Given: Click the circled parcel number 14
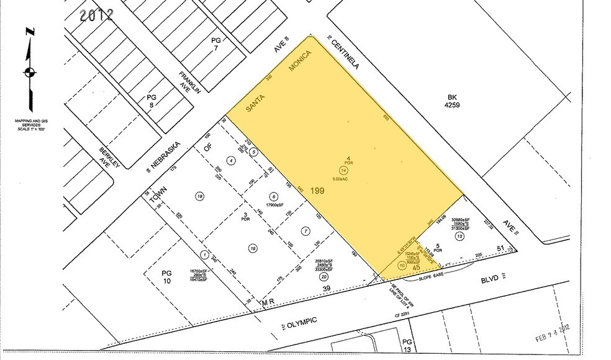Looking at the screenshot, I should [342, 170].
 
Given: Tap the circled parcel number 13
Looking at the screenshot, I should [459, 236].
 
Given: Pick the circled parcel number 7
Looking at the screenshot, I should [304, 231].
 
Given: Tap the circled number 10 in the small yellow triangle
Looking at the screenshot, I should [402, 265].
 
